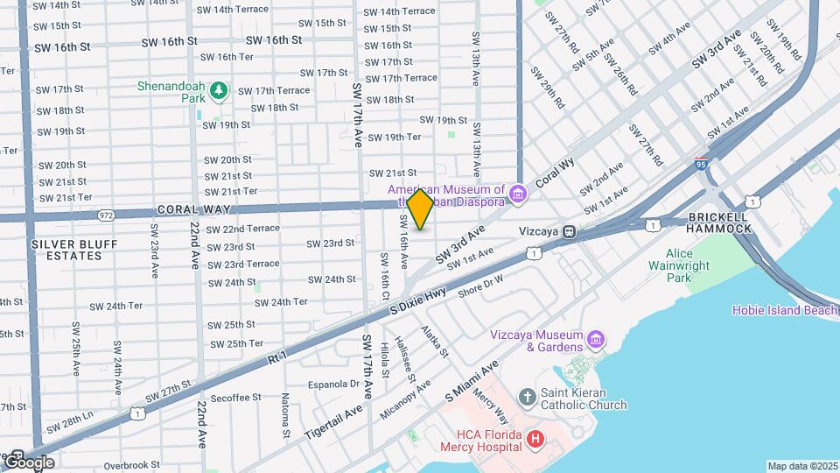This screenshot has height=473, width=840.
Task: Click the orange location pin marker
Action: (421, 209)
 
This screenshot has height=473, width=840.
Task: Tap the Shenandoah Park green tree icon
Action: (219, 89)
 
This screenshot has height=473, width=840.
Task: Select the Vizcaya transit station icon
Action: (569, 232)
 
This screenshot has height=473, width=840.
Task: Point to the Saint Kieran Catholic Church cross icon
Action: (527, 398)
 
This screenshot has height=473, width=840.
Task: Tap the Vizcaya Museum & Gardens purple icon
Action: (596, 338)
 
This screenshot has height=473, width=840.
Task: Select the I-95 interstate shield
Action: (701, 163)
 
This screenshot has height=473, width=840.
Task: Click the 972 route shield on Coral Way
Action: (106, 214)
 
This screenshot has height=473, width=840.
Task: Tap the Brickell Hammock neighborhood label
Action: (719, 222)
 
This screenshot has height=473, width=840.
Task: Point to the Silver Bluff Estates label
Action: (66, 249)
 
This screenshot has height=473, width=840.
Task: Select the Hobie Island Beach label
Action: (785, 310)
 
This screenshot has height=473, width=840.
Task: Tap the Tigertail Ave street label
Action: (333, 423)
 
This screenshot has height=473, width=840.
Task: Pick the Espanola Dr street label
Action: (334, 384)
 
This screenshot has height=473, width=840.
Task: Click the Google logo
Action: (29, 462)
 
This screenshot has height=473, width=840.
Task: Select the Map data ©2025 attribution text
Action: (801, 466)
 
